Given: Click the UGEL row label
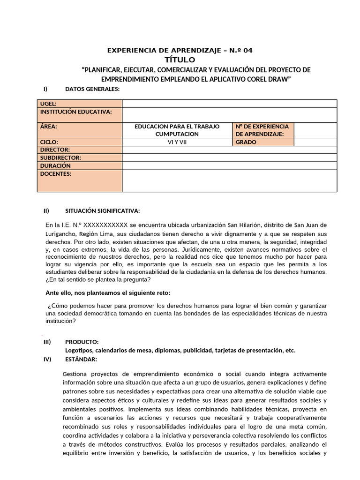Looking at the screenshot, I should (49, 104).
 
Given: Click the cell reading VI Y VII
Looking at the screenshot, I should (177, 142).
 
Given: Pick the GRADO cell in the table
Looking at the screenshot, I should (246, 142).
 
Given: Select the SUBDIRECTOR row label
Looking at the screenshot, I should (61, 157).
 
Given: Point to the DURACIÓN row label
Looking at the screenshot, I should (56, 165).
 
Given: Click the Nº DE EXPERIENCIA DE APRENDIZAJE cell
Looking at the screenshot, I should (262, 130).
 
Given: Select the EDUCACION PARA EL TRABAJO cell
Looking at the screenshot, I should (177, 127).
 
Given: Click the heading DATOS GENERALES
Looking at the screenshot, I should (92, 89).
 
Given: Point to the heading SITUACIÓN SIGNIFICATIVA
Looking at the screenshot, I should (102, 210).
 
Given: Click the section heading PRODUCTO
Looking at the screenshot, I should (82, 342).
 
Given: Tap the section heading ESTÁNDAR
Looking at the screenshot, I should (81, 359).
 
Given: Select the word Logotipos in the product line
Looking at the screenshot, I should (79, 351).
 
